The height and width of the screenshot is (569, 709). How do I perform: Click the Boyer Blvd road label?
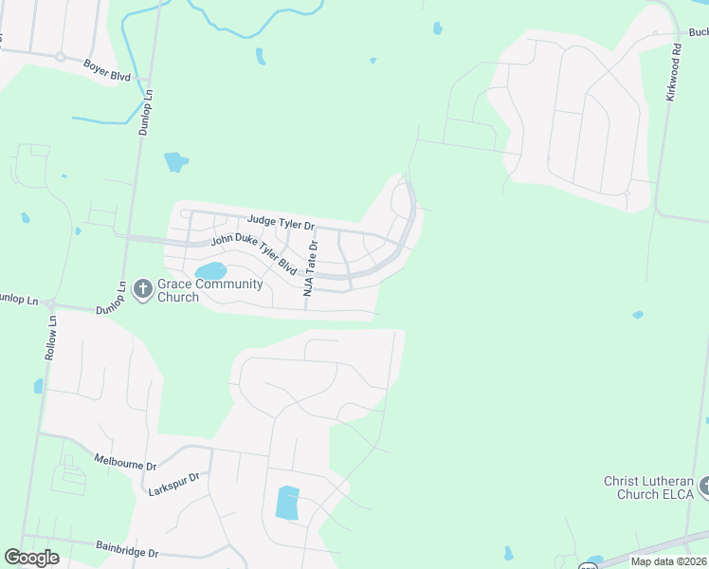click(x=106, y=71)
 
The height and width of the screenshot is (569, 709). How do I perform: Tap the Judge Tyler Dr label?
click(x=281, y=222)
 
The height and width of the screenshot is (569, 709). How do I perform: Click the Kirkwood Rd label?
click(x=673, y=71)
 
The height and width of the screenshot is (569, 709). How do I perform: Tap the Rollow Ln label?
click(x=50, y=337)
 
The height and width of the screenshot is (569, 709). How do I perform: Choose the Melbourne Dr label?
click(x=124, y=461)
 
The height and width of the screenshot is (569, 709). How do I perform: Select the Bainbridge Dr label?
click(x=125, y=548)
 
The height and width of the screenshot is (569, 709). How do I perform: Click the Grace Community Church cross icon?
click(x=143, y=287)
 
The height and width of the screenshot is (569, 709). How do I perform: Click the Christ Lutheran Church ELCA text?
click(x=649, y=487)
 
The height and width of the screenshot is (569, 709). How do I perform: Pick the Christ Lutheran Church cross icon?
click(x=703, y=487)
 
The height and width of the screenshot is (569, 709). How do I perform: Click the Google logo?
click(x=31, y=557)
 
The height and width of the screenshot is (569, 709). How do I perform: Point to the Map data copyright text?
click(x=669, y=561)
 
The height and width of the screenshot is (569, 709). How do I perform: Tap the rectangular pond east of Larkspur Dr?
click(x=287, y=502)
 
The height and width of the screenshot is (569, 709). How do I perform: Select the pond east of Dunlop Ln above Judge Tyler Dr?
click(x=176, y=161)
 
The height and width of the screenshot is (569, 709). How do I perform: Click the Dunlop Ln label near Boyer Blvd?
click(x=145, y=113)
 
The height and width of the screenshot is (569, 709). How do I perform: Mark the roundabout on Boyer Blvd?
click(x=60, y=57)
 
